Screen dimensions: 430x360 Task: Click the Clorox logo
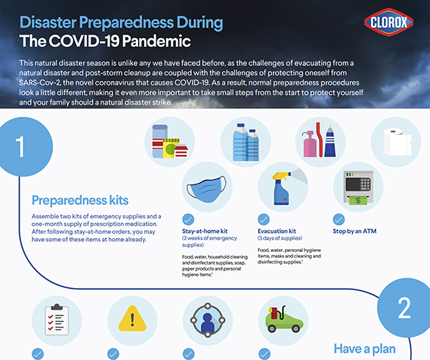(x=389, y=22)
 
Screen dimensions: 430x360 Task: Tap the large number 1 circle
(x=24, y=147)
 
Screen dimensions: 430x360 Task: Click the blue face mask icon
(x=207, y=189)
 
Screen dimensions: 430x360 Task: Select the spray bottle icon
(x=282, y=189)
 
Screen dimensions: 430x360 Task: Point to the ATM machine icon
(x=358, y=188)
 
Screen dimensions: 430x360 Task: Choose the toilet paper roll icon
(x=398, y=142)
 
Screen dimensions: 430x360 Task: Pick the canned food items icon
(x=170, y=142)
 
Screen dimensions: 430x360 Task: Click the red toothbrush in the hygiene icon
(x=319, y=140)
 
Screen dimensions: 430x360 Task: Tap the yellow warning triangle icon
(x=132, y=319)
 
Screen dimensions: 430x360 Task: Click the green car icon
(x=284, y=320)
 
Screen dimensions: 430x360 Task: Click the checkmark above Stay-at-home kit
(x=188, y=220)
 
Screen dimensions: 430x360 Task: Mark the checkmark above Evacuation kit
(x=264, y=220)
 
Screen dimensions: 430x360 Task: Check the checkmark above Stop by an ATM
(x=339, y=220)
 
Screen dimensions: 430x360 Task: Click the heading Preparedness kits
(x=80, y=201)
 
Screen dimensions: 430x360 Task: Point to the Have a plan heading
(x=365, y=349)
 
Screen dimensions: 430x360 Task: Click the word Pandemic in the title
(x=157, y=41)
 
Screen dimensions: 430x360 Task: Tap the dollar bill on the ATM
(x=358, y=200)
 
